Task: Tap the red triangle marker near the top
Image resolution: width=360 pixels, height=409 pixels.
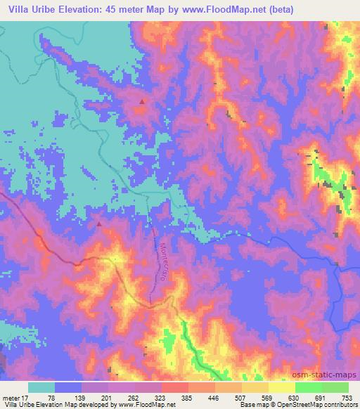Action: point(142,101)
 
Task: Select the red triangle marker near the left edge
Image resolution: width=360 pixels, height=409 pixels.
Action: point(98,225)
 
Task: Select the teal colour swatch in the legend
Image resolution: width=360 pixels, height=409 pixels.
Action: point(41,387)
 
